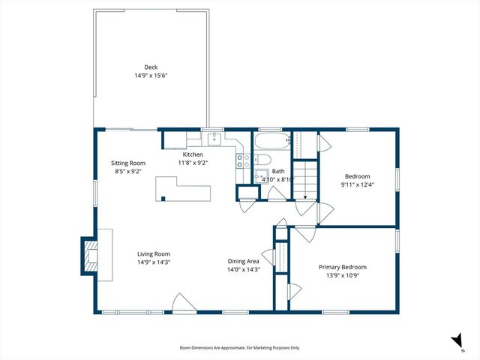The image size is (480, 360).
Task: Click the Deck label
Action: coord(151,67)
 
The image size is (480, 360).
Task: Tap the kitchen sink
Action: coord(214,138)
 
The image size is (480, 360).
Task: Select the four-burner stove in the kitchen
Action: coord(242,159)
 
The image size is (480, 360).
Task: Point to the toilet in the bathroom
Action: coord(261,160)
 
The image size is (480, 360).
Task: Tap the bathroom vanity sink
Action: coord(262,177)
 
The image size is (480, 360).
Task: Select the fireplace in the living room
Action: coord(91,255)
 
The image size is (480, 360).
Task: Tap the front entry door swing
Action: coord(182,301)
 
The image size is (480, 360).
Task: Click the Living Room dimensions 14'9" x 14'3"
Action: coord(153,262)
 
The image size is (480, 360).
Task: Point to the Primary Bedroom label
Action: coord(343,267)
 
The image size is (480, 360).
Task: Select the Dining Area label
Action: coord(244,262)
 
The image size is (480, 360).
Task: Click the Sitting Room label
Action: coord(128,163)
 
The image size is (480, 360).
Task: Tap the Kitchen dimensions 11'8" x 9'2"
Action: coord(193,163)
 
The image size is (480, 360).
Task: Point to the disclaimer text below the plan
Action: coord(239,348)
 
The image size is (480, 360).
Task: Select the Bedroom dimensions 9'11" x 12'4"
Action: coord(357,184)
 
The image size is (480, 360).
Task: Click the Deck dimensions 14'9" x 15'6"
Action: coord(151,75)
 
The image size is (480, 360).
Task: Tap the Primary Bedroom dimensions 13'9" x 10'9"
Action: coord(343,275)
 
